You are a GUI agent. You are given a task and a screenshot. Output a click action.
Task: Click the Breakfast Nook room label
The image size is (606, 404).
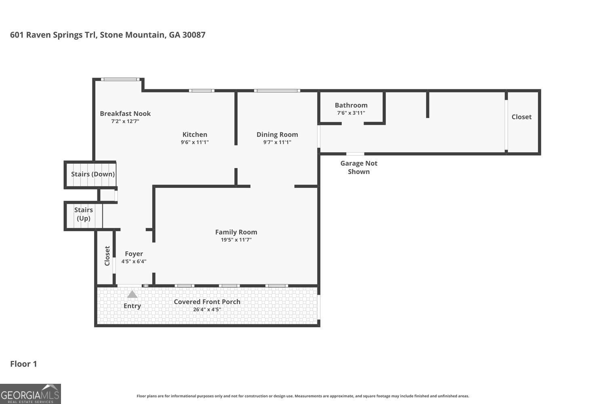(125, 114)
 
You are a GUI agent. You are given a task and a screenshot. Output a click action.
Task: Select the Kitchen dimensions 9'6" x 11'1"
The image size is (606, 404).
(195, 142)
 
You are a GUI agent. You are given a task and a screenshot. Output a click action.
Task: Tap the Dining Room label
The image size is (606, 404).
(277, 135)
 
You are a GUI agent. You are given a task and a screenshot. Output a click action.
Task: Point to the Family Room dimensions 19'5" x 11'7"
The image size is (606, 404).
(236, 240)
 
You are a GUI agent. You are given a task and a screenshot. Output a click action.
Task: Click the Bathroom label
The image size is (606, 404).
(351, 105)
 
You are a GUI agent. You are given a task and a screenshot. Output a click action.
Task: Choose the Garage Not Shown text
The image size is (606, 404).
(359, 167)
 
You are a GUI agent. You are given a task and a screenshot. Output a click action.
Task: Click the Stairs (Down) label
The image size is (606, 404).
(93, 174)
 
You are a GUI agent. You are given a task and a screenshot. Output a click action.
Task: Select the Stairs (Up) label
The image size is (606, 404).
(84, 214)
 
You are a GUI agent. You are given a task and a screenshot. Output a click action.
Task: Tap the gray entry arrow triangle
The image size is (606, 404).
(132, 295)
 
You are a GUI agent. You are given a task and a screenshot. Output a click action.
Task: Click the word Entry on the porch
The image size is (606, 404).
(132, 306)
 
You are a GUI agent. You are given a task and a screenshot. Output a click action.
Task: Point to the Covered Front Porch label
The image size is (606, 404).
(207, 302)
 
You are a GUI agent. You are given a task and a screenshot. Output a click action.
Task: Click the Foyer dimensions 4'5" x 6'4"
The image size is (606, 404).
(134, 261)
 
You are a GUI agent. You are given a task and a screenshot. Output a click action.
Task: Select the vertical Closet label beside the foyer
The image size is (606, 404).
(107, 256)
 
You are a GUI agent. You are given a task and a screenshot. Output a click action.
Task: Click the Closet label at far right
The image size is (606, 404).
(522, 117)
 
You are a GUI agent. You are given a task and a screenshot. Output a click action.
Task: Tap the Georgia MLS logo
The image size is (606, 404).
(30, 394)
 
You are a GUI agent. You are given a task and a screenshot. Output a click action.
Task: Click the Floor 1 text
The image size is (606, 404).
(23, 364)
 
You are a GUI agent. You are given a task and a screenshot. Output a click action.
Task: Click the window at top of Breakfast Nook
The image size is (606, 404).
(120, 80)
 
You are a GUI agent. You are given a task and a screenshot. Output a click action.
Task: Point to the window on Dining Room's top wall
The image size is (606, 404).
(277, 90)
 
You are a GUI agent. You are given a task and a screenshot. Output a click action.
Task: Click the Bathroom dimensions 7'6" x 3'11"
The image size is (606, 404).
(351, 113)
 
